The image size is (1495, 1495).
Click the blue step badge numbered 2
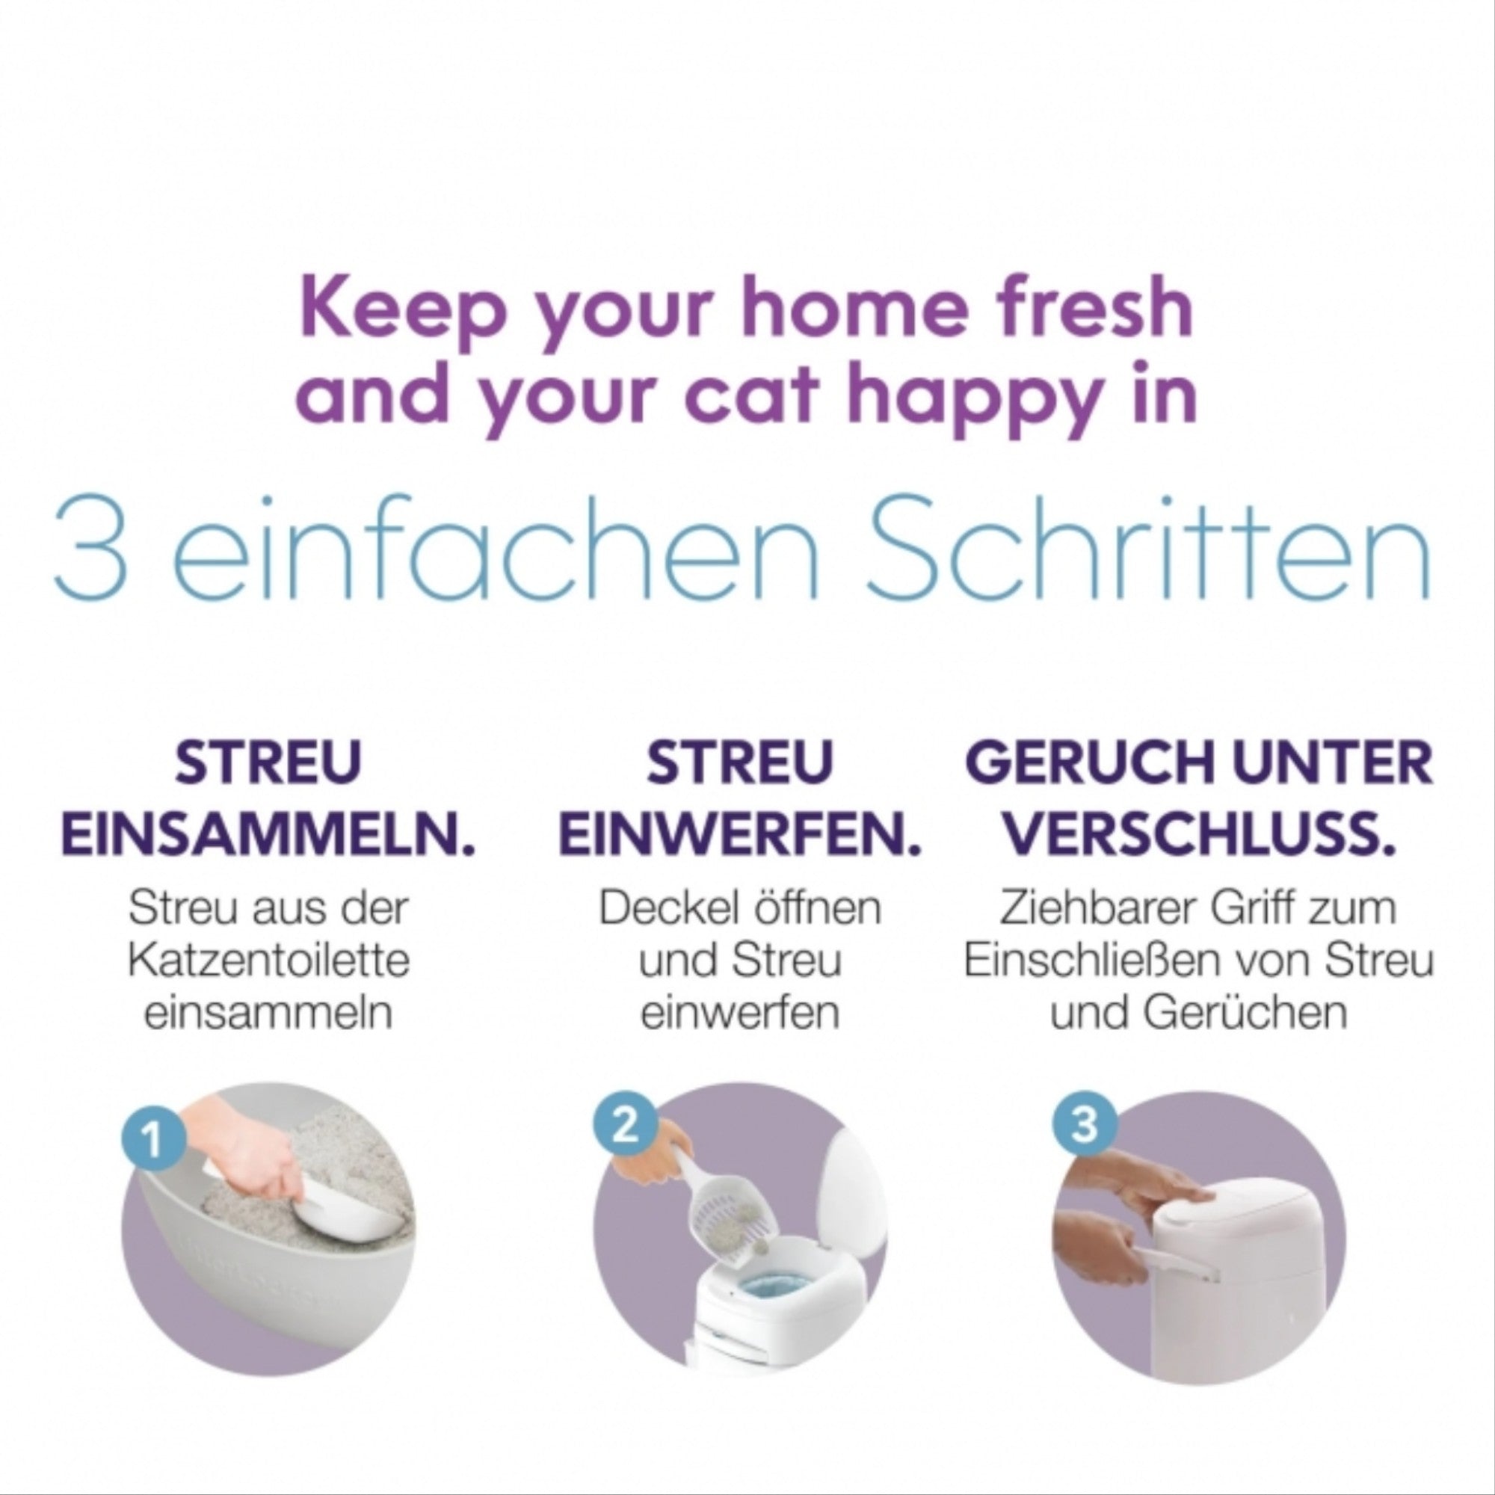click(x=625, y=1125)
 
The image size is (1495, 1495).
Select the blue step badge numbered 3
click(x=1085, y=1125)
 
